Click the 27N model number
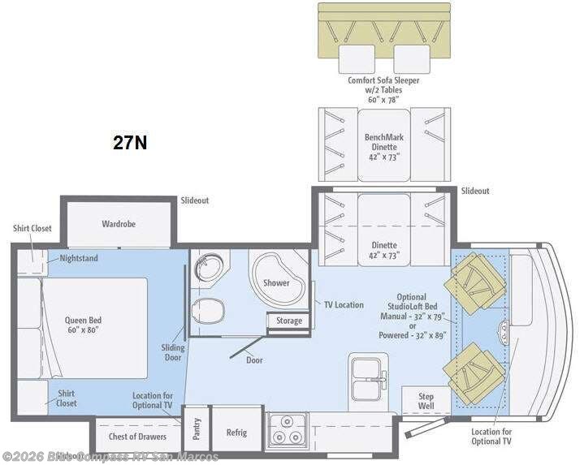pyautogui.click(x=130, y=143)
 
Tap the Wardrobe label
pyautogui.click(x=118, y=223)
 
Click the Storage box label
pyautogui.click(x=288, y=321)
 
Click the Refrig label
pyautogui.click(x=236, y=433)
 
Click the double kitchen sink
pyautogui.click(x=370, y=379)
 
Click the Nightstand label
pyautogui.click(x=77, y=259)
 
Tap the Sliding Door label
pyautogui.click(x=172, y=353)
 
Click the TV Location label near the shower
pyautogui.click(x=344, y=304)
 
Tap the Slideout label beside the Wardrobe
pyautogui.click(x=194, y=200)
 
